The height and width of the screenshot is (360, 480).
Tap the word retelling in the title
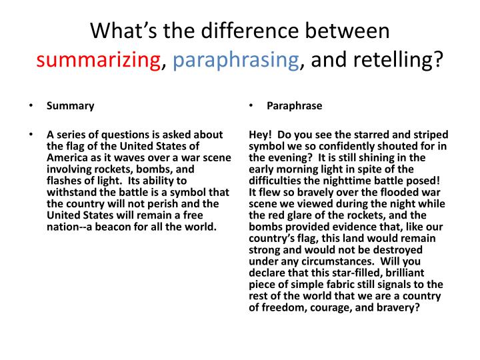(x=403, y=61)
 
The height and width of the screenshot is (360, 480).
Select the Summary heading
(x=70, y=106)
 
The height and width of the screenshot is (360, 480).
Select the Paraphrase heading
(x=294, y=106)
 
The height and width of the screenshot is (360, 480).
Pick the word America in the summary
(x=65, y=157)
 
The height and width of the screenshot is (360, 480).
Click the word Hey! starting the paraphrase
(x=261, y=134)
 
